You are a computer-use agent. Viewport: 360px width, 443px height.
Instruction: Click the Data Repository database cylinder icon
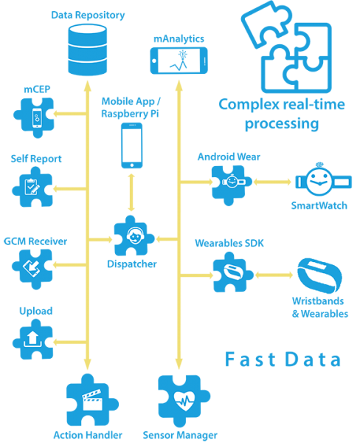(88, 49)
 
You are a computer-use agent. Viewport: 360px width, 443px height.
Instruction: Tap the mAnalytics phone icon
(179, 61)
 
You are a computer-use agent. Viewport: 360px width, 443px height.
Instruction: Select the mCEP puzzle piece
(34, 118)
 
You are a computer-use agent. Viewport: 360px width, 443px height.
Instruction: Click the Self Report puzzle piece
(32, 187)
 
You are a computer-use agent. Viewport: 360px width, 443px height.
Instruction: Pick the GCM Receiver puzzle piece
(32, 269)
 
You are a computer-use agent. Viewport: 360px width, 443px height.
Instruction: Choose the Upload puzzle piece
(33, 339)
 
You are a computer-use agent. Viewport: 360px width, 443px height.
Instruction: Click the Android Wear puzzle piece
(232, 185)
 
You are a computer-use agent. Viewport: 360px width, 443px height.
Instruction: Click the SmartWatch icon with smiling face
(323, 179)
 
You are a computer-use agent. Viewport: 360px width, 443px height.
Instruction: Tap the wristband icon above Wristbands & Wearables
(319, 275)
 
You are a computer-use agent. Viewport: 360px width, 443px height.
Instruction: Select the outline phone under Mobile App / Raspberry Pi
(132, 145)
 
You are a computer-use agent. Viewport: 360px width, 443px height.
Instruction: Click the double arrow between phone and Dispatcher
(131, 193)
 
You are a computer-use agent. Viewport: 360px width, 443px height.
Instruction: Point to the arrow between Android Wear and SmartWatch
(272, 182)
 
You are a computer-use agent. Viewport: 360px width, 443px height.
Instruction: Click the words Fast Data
(283, 359)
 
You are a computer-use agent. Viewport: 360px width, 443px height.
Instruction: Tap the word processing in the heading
(282, 124)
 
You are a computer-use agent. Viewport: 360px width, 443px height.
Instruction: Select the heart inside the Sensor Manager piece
(184, 401)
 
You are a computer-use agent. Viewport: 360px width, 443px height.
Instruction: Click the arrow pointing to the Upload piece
(70, 342)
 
